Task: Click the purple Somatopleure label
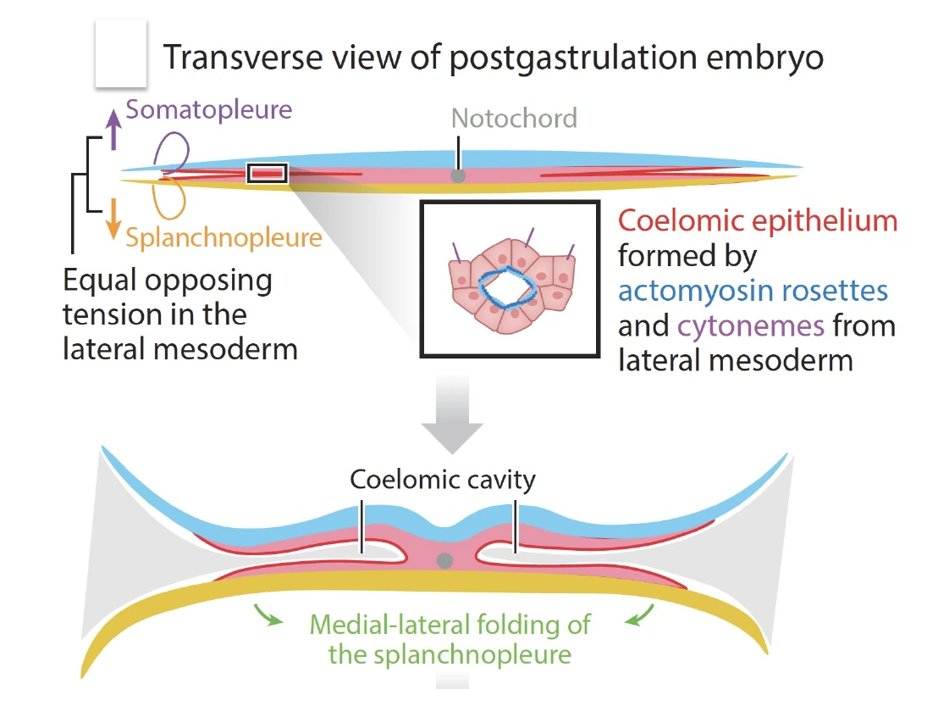pos(209,110)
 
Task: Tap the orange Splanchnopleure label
pos(223,238)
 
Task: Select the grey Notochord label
pos(514,119)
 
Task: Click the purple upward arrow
pos(113,129)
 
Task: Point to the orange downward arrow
pos(113,219)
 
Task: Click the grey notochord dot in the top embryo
pos(458,175)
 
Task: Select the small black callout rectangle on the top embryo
pos(268,174)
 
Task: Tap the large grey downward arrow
pos(452,414)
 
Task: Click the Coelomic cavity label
pos(443,480)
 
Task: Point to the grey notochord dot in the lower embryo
pos(444,560)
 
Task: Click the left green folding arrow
pos(268,615)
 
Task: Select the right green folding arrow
pos(640,615)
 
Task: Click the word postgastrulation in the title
pos(573,58)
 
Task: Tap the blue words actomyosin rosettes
pos(753,292)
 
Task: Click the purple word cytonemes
pos(750,326)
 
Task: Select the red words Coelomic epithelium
pos(758,220)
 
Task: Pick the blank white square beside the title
pos(121,53)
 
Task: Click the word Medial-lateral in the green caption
pos(390,625)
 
